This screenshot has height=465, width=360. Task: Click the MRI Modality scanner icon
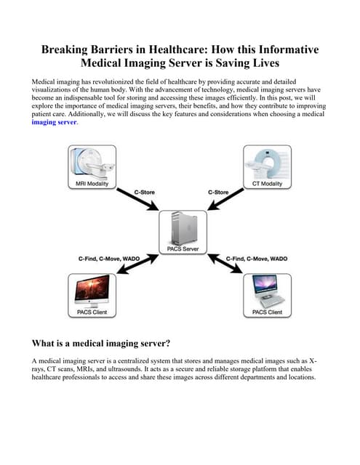click(x=91, y=164)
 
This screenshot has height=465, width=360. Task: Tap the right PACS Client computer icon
click(x=266, y=290)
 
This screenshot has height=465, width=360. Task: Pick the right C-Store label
click(x=219, y=193)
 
